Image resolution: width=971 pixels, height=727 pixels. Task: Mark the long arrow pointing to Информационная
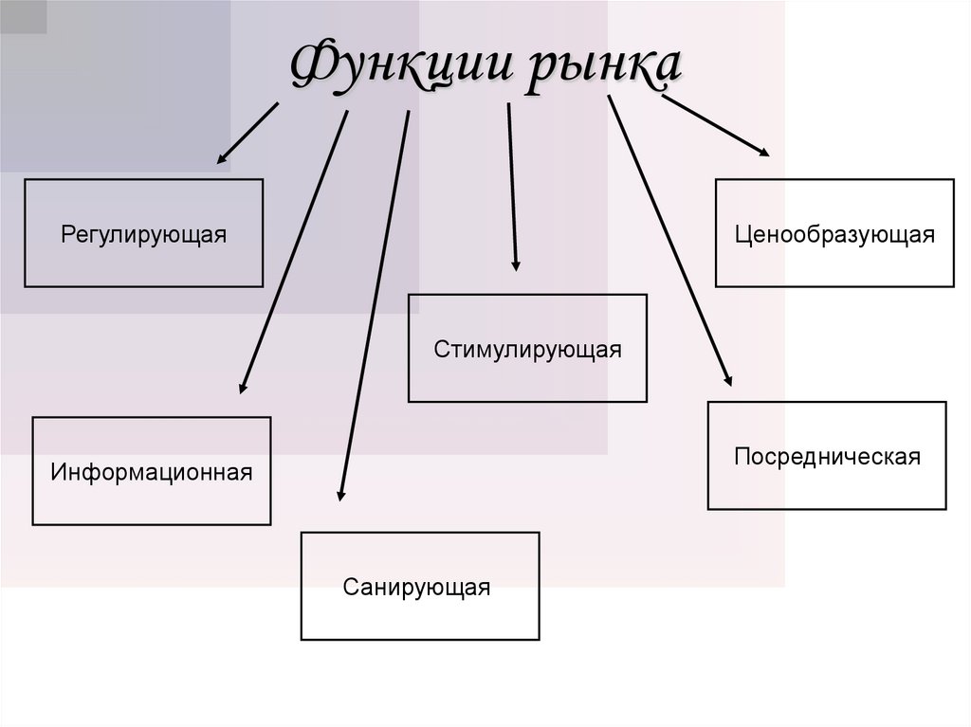[x=294, y=251]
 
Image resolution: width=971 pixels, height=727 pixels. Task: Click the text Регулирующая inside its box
[x=143, y=233]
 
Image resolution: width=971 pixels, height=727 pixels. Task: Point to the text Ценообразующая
[x=834, y=233]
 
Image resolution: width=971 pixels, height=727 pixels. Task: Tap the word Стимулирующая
[x=527, y=349]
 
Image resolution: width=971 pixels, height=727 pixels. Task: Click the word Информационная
[x=152, y=471]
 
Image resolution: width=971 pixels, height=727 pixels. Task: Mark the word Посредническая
[x=827, y=456]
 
